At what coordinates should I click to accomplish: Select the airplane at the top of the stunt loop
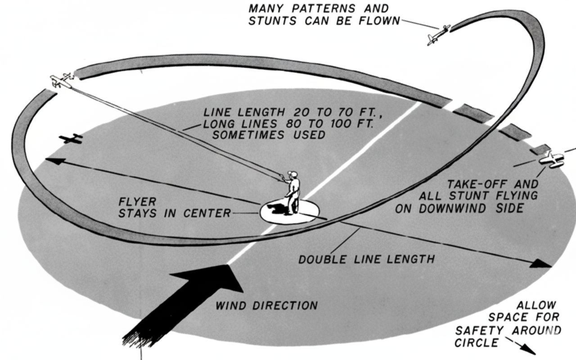point(438,35)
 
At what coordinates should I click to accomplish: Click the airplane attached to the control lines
point(61,80)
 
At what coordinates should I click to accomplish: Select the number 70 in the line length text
point(324,112)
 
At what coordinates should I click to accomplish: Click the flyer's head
point(293,175)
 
